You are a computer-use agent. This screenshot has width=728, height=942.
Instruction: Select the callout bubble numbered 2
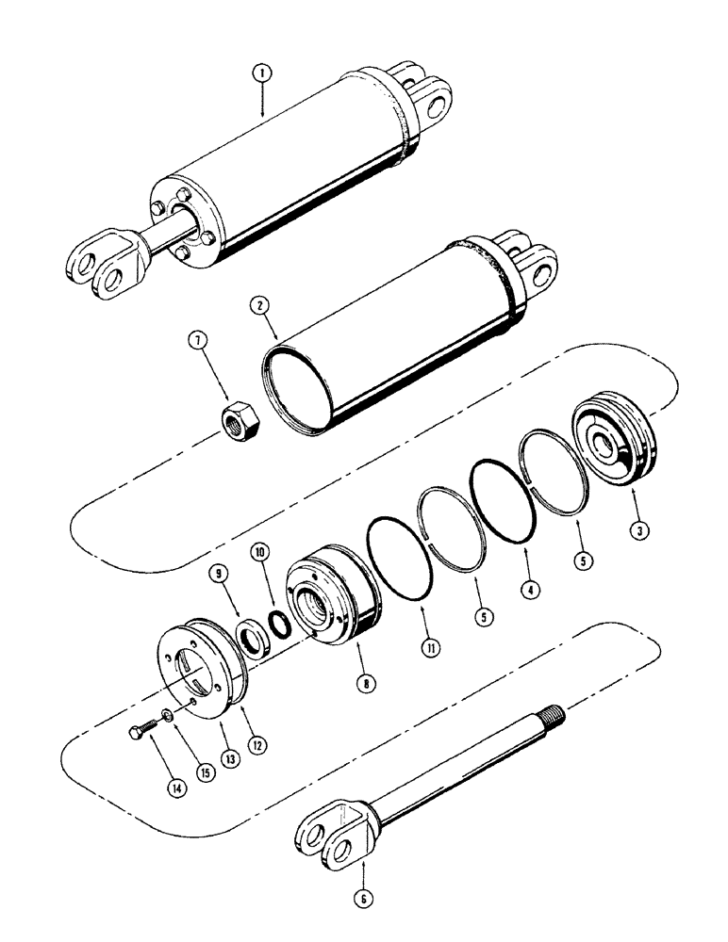click(257, 306)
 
